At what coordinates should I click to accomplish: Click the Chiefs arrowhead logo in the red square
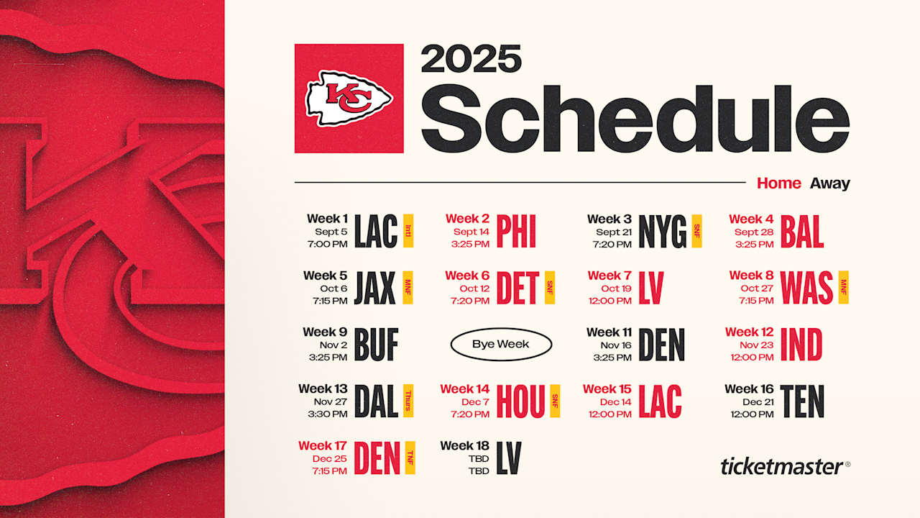(349, 98)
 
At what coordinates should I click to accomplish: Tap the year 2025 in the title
(471, 59)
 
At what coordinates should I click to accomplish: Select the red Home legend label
(778, 183)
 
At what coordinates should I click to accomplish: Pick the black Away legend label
(829, 183)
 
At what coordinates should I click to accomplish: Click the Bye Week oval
(500, 345)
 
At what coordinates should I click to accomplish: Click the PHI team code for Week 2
(516, 232)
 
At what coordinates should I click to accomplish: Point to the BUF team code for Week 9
(376, 345)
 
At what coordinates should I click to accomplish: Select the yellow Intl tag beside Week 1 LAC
(408, 231)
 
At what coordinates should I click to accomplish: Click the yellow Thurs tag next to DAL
(408, 401)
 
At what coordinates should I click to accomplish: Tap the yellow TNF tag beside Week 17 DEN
(410, 458)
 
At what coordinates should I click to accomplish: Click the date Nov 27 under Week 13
(330, 401)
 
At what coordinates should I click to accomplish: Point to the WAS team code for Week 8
(806, 288)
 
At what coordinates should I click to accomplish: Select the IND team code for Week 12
(801, 345)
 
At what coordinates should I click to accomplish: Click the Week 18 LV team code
(508, 458)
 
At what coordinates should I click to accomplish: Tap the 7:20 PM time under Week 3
(612, 245)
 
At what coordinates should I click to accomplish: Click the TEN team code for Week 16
(801, 401)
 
